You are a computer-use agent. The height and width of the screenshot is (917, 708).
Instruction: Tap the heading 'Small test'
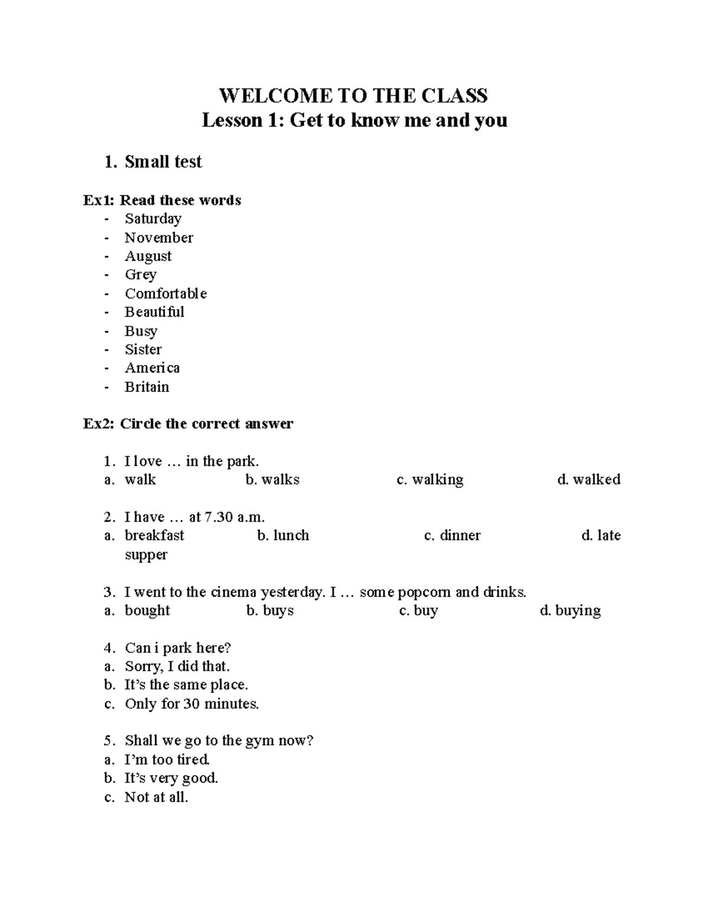click(x=163, y=162)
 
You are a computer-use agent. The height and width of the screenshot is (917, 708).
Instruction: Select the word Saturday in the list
click(x=153, y=219)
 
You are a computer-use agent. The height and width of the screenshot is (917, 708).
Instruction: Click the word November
click(x=159, y=238)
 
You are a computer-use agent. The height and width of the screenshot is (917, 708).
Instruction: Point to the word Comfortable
click(x=166, y=293)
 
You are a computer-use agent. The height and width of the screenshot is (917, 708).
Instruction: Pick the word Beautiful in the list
click(x=155, y=312)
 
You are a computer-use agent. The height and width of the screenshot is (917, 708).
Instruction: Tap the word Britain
click(x=147, y=387)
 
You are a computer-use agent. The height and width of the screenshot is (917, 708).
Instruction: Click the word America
click(x=152, y=368)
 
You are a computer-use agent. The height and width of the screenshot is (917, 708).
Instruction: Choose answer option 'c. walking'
click(x=430, y=479)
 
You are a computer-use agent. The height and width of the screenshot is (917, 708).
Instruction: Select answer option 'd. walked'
click(x=589, y=479)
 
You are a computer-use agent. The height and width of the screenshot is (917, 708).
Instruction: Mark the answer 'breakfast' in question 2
click(x=155, y=536)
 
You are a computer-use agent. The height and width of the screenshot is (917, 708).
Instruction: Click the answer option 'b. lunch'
click(x=283, y=536)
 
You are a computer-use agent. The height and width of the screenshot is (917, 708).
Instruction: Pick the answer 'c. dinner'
click(x=453, y=536)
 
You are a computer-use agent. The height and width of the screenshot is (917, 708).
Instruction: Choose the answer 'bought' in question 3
click(x=147, y=611)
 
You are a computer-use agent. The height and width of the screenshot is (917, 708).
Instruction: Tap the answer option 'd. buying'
click(x=571, y=611)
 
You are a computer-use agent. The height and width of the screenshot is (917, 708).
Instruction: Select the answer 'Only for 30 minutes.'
click(x=192, y=704)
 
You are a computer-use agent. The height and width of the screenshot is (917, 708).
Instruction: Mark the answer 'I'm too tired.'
click(x=168, y=760)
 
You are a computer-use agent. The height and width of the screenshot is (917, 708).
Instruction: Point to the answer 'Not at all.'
click(x=156, y=797)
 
